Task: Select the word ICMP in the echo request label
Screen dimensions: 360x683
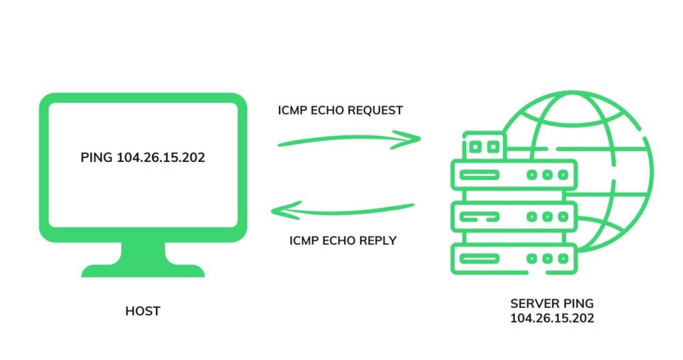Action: click(292, 110)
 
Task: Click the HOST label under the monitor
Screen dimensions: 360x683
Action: click(143, 311)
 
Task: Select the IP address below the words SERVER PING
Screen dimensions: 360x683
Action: click(552, 319)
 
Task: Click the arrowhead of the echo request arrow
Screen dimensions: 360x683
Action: click(414, 138)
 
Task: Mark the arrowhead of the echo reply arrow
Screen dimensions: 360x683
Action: click(277, 211)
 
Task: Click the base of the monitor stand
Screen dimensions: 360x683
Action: click(143, 270)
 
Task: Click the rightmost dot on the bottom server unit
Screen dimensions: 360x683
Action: click(562, 259)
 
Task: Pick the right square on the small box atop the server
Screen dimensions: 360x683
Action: click(493, 146)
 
